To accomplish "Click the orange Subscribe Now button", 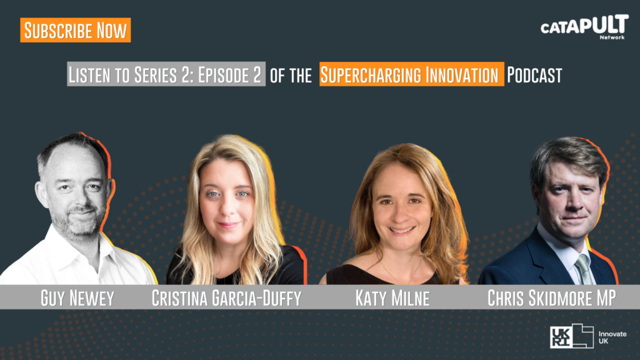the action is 76,30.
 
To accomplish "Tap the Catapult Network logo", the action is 584,27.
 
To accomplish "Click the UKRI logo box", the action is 571,336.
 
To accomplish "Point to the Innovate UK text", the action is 612,337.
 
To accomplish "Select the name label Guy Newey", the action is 77,298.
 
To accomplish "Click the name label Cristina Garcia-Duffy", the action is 226,298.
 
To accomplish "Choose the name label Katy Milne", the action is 392,298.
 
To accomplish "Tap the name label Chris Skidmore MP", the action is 552,298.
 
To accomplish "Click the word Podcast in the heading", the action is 535,75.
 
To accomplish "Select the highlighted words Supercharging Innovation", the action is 411,74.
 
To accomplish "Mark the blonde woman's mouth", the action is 228,225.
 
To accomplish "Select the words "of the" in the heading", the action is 291,76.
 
